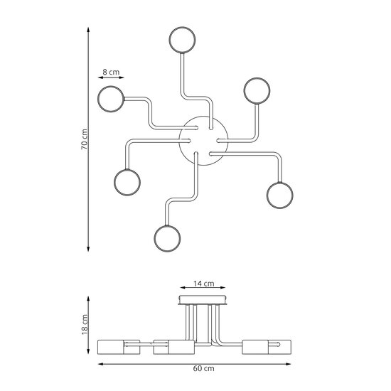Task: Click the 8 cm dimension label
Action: tap(110, 72)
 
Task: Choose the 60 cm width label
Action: tap(205, 370)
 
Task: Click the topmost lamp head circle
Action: tap(181, 40)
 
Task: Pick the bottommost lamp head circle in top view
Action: tap(167, 237)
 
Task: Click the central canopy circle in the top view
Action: tap(201, 141)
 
